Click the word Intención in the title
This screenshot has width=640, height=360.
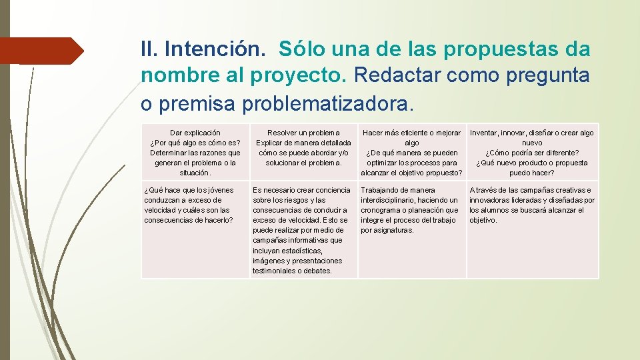coord(217,49)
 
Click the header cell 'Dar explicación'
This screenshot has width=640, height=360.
coord(195,153)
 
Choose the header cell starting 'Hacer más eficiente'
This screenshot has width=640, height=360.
coord(411,153)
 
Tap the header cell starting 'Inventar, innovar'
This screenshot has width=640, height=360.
coord(531,153)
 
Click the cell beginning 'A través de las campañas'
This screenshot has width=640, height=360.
coord(531,205)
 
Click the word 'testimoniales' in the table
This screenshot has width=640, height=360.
coord(274,271)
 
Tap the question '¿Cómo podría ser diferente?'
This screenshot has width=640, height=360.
coord(532,153)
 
